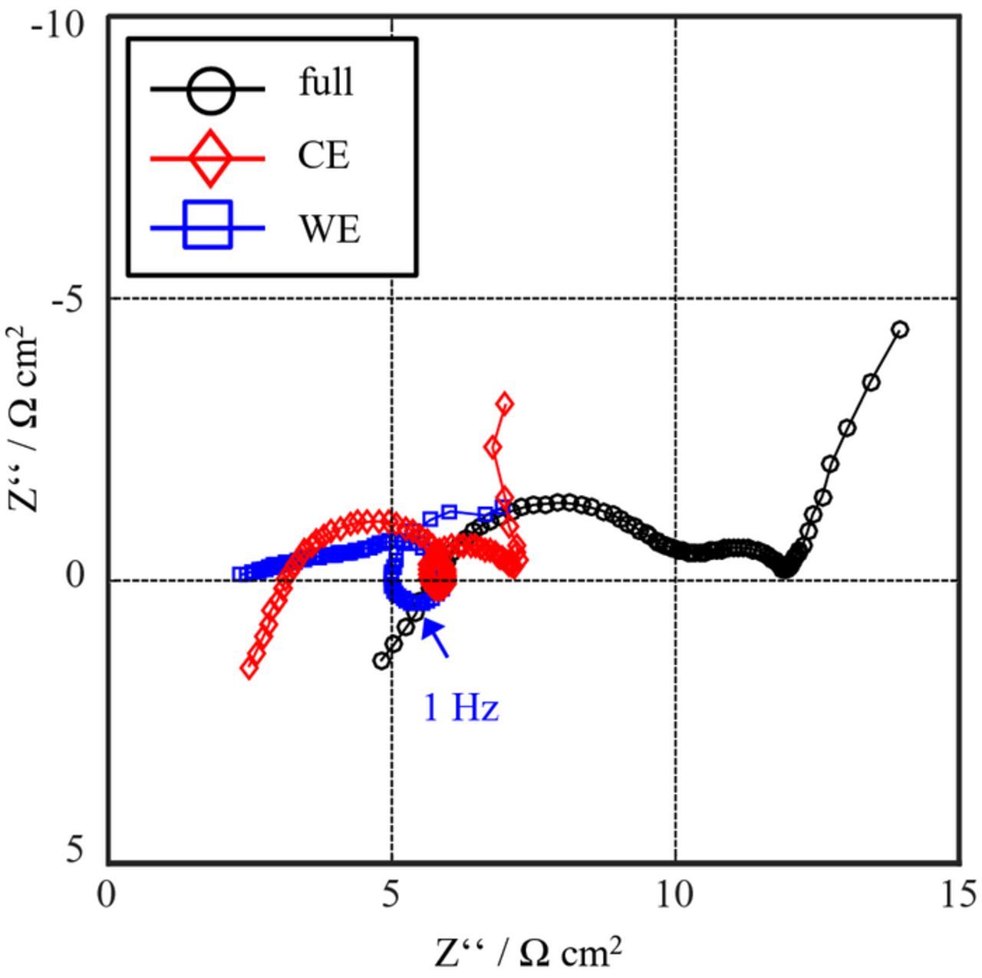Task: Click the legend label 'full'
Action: (x=326, y=82)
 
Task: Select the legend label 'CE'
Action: (x=324, y=156)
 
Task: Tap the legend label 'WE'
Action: (x=329, y=229)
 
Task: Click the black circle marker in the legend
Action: (x=208, y=89)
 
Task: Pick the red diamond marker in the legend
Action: (x=208, y=158)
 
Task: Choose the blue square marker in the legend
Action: (x=208, y=226)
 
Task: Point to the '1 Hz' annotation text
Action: (x=461, y=707)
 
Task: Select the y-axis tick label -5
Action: (x=67, y=300)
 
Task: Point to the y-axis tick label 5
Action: (x=75, y=849)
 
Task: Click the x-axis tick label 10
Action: (x=676, y=894)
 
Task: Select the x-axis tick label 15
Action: (x=958, y=894)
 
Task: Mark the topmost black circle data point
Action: (x=901, y=330)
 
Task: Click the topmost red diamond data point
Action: (x=504, y=403)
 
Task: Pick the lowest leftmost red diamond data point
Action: (x=249, y=668)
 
